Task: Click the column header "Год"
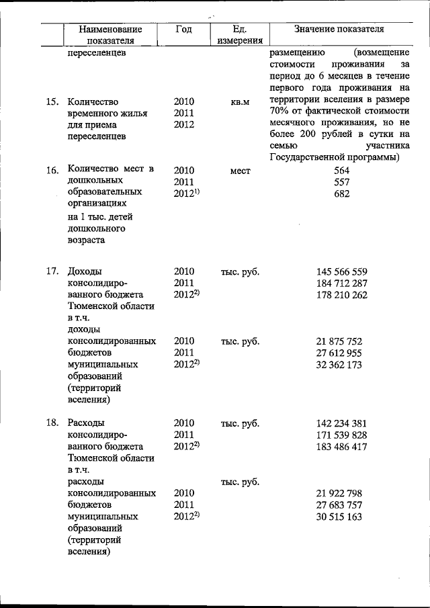(183, 29)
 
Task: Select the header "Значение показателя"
(339, 30)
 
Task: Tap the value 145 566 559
(341, 272)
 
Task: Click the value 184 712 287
(341, 284)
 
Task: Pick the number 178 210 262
(341, 295)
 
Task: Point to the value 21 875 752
(339, 341)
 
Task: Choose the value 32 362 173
(339, 365)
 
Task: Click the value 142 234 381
(341, 423)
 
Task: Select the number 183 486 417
(341, 447)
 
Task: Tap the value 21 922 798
(339, 493)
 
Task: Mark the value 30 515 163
(339, 517)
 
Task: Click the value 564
(341, 171)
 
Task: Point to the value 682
(341, 194)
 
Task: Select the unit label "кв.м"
(240, 102)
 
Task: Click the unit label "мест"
(240, 171)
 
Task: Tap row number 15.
(52, 102)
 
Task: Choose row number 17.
(52, 272)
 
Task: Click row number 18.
(52, 423)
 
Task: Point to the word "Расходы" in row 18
(85, 423)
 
